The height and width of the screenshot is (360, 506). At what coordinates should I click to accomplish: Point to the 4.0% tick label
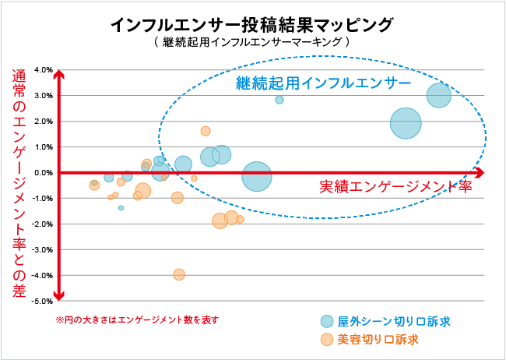41,70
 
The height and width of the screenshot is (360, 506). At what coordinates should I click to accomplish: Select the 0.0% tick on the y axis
41,173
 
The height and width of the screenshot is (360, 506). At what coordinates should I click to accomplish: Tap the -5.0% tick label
40,301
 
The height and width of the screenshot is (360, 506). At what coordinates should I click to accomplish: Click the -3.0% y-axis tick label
40,249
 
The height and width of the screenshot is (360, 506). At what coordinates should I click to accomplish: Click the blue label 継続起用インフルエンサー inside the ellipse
323,80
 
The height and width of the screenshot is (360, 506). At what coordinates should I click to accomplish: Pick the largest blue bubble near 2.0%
406,123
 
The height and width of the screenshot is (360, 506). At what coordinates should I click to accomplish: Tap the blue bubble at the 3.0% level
439,96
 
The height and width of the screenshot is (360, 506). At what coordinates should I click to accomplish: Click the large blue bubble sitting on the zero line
257,177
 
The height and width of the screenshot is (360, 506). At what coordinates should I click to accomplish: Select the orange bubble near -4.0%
179,274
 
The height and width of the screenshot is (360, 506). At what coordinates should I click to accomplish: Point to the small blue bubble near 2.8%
279,100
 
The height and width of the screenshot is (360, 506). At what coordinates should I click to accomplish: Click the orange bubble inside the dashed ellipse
206,131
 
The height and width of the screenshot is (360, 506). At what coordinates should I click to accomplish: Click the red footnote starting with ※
137,320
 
